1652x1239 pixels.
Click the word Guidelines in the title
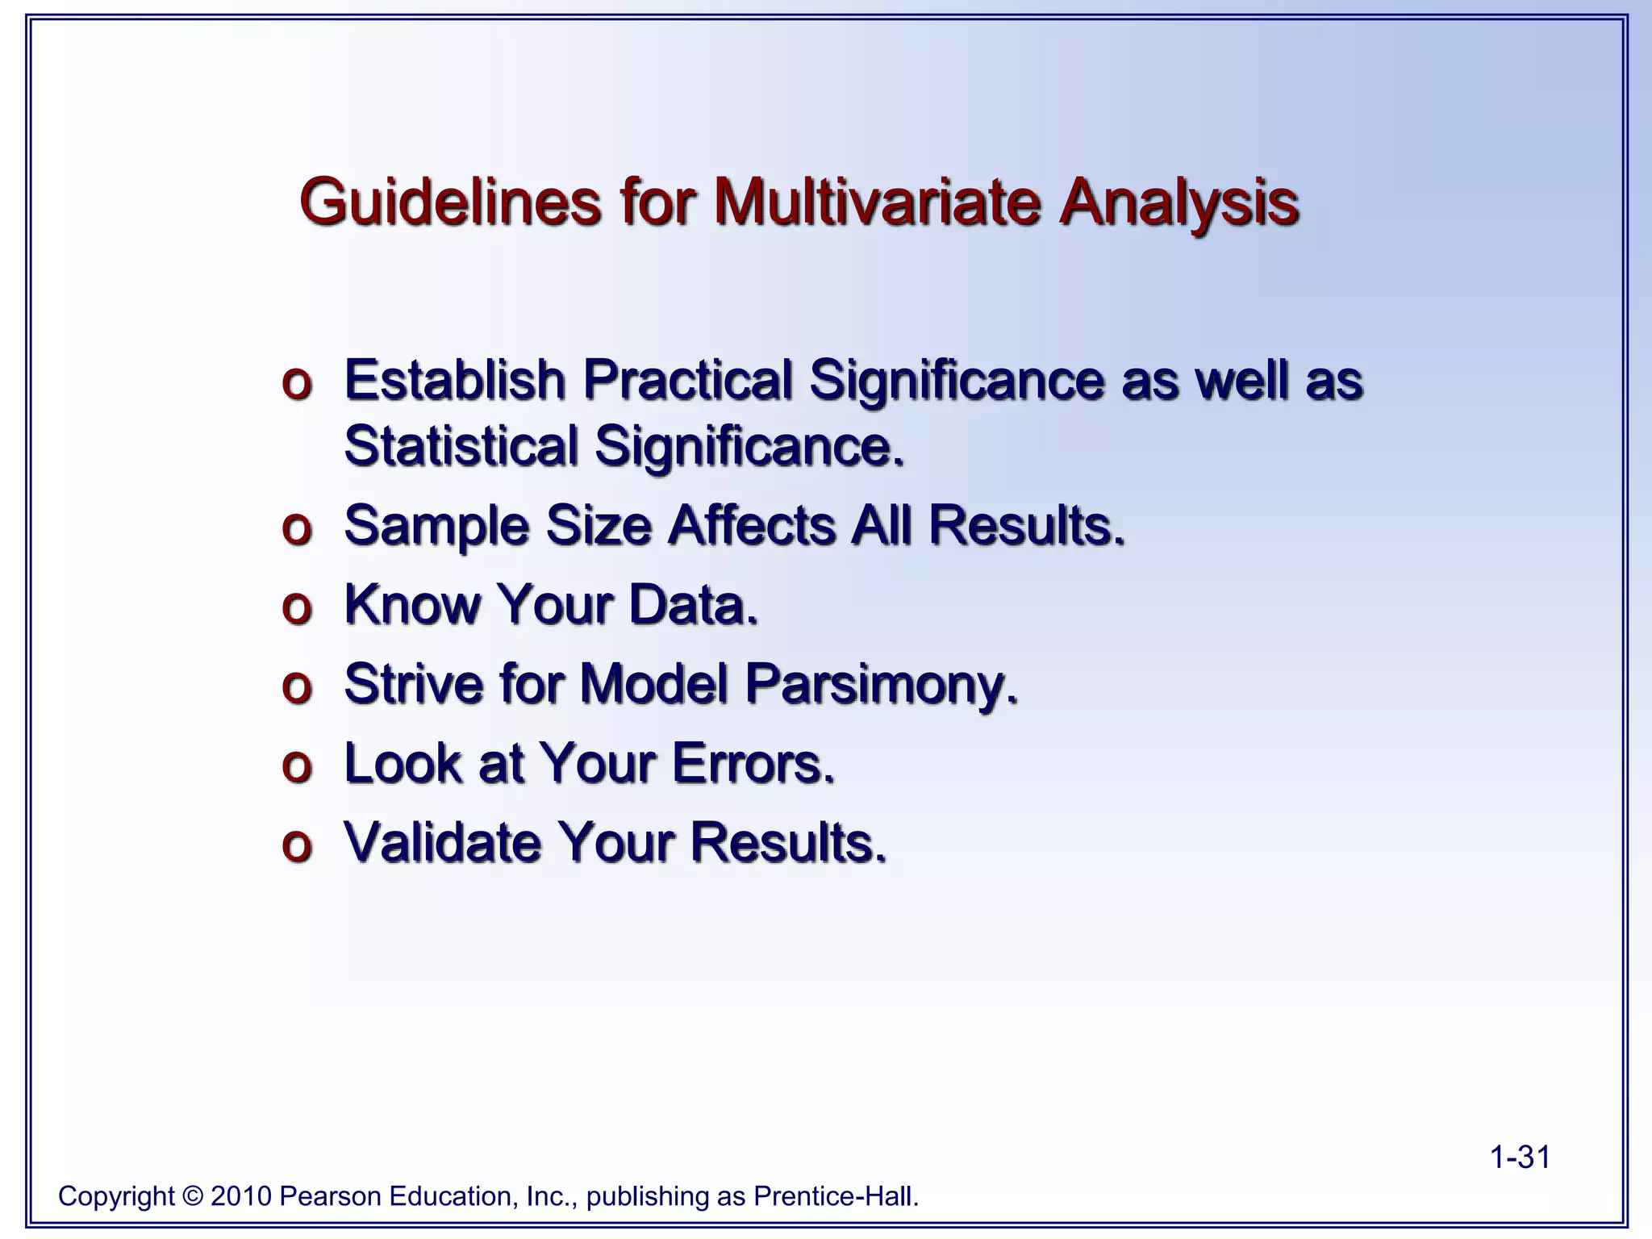click(x=449, y=202)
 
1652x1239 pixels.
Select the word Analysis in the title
click(x=1178, y=202)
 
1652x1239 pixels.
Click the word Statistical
click(x=461, y=445)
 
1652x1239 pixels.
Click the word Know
click(x=412, y=604)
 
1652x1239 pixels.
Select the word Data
click(x=693, y=604)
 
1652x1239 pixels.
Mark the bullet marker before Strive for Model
click(x=297, y=687)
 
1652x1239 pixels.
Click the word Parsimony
click(x=881, y=684)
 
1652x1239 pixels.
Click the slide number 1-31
click(x=1520, y=1158)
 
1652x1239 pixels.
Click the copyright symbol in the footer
click(x=193, y=1196)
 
